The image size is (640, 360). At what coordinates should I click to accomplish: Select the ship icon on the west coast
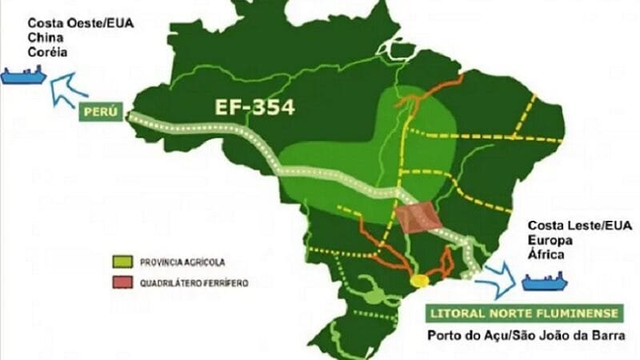(24, 76)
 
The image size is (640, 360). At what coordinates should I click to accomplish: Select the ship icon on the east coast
(544, 282)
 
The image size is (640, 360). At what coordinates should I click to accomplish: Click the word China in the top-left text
(45, 38)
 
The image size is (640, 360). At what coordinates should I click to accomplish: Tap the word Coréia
(48, 52)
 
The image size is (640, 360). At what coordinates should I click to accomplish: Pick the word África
(544, 254)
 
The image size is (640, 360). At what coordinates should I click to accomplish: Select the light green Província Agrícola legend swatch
(122, 261)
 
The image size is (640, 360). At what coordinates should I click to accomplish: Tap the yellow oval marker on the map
(420, 281)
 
